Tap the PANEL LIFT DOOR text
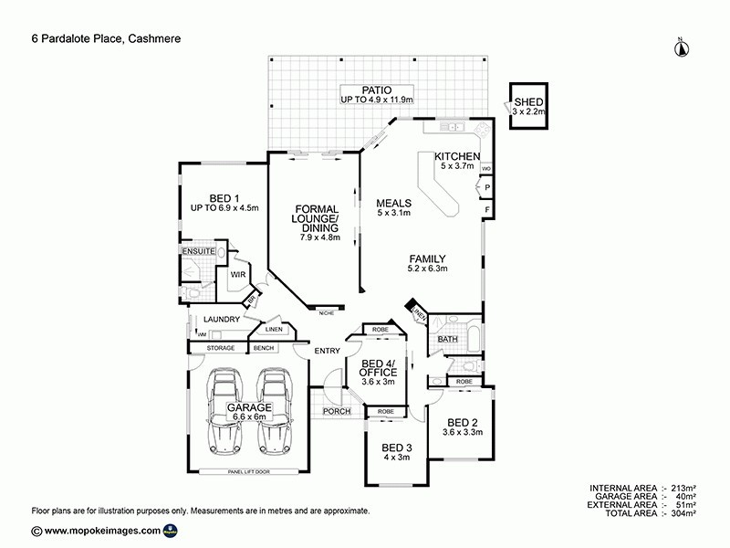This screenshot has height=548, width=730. click(x=249, y=472)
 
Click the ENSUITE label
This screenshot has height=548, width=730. click(x=197, y=249)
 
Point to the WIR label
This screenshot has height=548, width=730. click(x=240, y=274)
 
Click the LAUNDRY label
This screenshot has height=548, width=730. click(x=223, y=319)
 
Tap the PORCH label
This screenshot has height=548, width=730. click(x=338, y=412)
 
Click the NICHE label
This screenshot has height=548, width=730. click(x=325, y=312)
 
